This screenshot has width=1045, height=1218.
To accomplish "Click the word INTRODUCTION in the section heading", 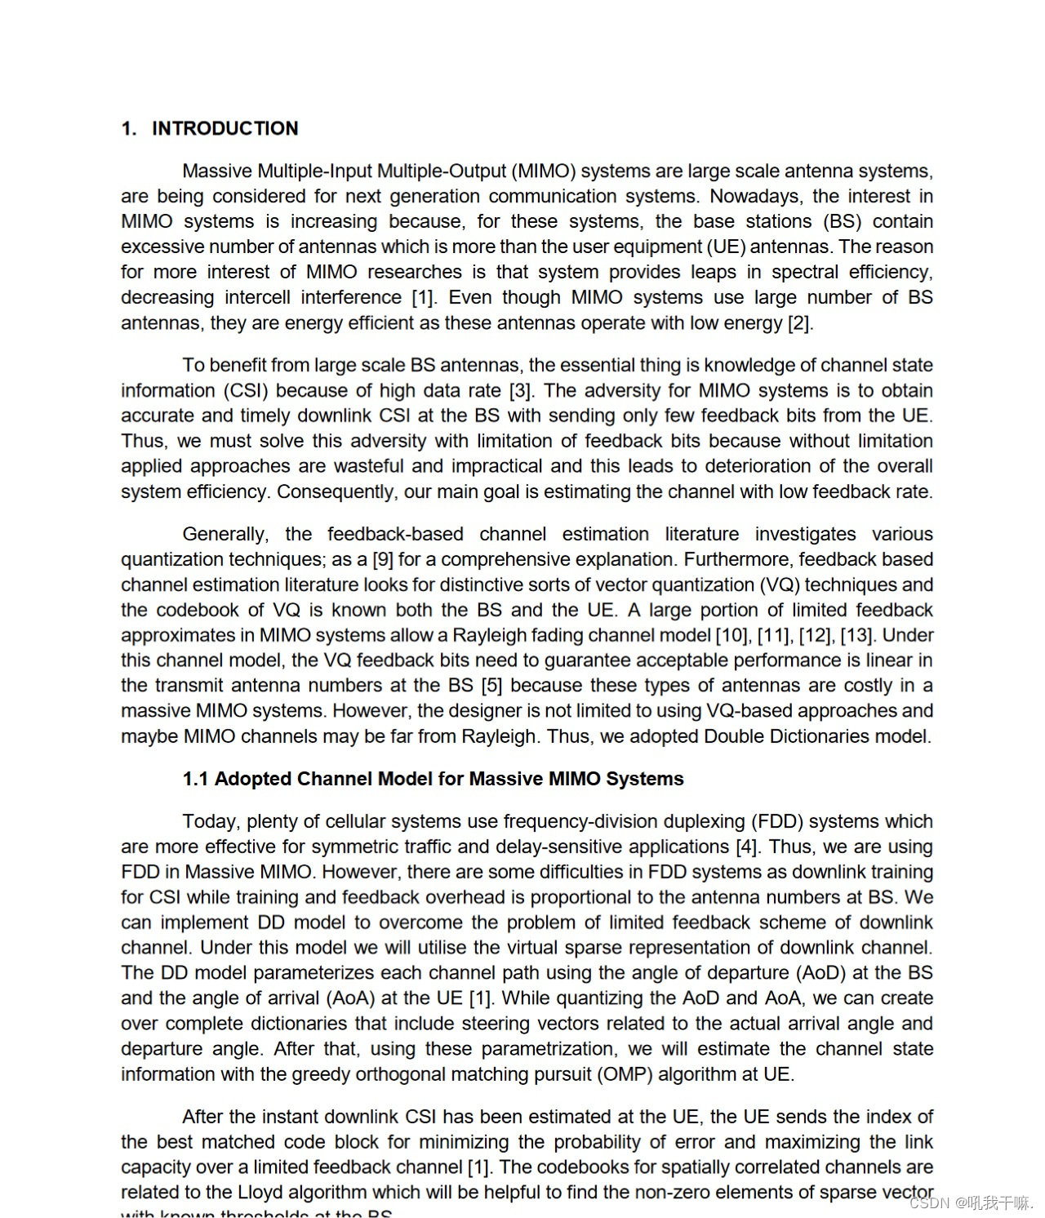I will tap(225, 128).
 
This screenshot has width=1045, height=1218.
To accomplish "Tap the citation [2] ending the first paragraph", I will tap(799, 323).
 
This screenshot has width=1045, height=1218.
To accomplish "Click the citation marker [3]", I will tap(521, 391).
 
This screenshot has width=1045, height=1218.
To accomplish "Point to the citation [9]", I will tap(383, 560).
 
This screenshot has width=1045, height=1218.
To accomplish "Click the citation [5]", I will tap(491, 686).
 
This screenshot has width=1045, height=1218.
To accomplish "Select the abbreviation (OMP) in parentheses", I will tap(625, 1074).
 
